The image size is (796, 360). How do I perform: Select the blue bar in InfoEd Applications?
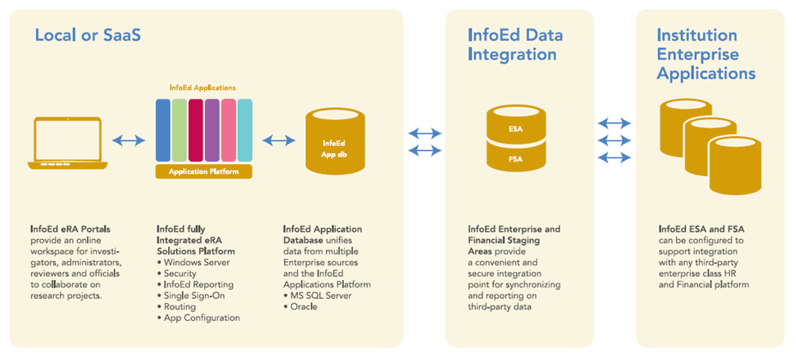162,130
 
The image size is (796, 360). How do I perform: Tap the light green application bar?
179,130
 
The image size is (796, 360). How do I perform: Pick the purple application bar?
212,130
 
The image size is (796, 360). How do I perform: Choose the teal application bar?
245,130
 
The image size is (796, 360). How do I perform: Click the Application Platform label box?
204,171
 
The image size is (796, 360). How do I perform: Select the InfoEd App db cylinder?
335,143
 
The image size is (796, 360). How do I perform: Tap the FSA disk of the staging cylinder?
515,158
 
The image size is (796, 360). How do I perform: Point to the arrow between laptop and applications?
128,140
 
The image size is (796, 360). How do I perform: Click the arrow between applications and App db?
278,140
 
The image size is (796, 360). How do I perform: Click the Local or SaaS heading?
87,35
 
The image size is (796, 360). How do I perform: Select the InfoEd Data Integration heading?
515,45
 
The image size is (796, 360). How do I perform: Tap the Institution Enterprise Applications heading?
706,55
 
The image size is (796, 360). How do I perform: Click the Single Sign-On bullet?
191,296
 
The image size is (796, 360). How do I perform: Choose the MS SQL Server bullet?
318,296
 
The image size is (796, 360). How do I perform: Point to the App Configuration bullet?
198,318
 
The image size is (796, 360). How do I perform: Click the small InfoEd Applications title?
202,88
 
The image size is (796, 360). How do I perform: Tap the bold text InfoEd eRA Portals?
70,229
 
